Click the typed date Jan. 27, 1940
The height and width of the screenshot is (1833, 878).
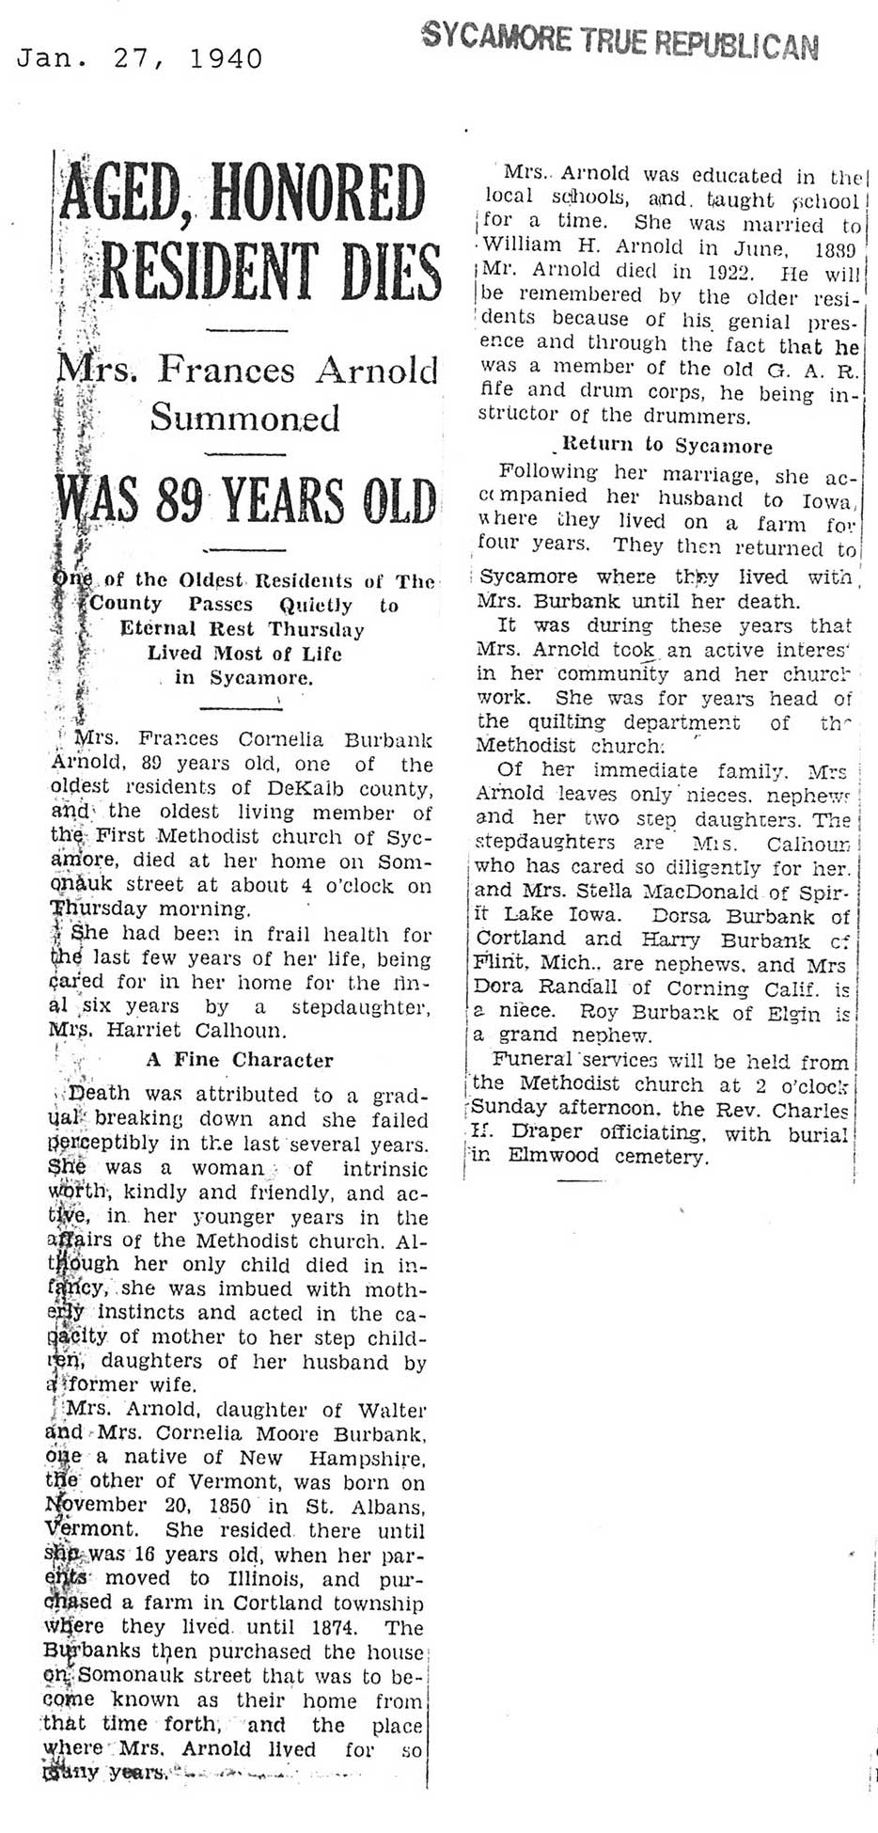(x=140, y=59)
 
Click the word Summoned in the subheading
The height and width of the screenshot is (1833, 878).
(x=244, y=417)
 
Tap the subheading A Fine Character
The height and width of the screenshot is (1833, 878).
(x=240, y=1060)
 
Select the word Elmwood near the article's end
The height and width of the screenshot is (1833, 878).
(x=554, y=1156)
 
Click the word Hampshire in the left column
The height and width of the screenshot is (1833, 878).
(x=368, y=1458)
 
